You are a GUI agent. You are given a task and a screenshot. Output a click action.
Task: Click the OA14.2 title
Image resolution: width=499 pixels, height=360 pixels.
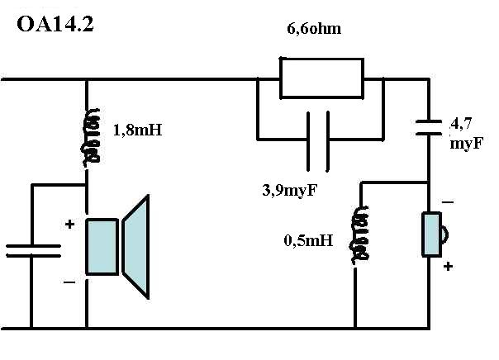click(x=55, y=25)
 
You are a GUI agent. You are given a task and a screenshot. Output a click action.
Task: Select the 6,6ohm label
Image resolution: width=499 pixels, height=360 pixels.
click(x=314, y=29)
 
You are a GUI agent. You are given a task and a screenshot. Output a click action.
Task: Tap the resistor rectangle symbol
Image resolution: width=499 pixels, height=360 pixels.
click(x=321, y=78)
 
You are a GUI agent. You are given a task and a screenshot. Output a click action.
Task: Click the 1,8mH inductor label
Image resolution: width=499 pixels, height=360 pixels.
click(x=137, y=130)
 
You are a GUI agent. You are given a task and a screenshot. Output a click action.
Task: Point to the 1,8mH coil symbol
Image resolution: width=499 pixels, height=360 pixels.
click(x=91, y=137)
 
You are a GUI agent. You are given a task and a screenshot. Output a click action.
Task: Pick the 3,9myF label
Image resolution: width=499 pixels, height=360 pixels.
click(x=290, y=190)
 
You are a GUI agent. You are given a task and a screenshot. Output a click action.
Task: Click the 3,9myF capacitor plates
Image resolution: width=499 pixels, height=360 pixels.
click(x=318, y=141)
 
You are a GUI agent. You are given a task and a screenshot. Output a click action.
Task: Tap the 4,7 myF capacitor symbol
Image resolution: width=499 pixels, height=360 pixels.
click(x=429, y=127)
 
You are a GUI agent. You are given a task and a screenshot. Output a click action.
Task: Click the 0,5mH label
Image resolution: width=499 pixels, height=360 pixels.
click(x=308, y=240)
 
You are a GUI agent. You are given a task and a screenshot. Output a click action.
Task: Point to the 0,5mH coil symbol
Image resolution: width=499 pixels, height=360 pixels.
click(x=360, y=235)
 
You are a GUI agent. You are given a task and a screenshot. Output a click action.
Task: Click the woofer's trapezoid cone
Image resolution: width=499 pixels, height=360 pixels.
click(x=135, y=247)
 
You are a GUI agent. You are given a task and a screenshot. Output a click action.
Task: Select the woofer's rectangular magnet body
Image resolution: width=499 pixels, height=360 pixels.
click(x=102, y=246)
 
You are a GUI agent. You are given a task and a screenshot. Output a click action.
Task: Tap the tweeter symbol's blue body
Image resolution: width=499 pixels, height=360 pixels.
click(x=431, y=234)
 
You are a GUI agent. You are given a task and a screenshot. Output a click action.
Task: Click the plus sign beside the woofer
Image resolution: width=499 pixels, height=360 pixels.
click(x=69, y=225)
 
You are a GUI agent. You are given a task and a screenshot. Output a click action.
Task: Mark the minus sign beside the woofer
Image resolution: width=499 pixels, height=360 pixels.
click(x=69, y=282)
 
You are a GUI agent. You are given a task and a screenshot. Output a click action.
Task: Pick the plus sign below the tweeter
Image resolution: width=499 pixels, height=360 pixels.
click(x=448, y=266)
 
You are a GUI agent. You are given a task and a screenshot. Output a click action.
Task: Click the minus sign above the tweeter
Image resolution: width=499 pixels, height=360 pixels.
click(x=448, y=202)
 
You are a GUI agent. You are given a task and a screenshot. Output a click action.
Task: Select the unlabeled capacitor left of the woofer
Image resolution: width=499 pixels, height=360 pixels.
click(x=33, y=251)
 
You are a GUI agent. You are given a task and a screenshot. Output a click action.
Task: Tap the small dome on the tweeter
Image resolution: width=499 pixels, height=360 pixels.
click(x=445, y=234)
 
